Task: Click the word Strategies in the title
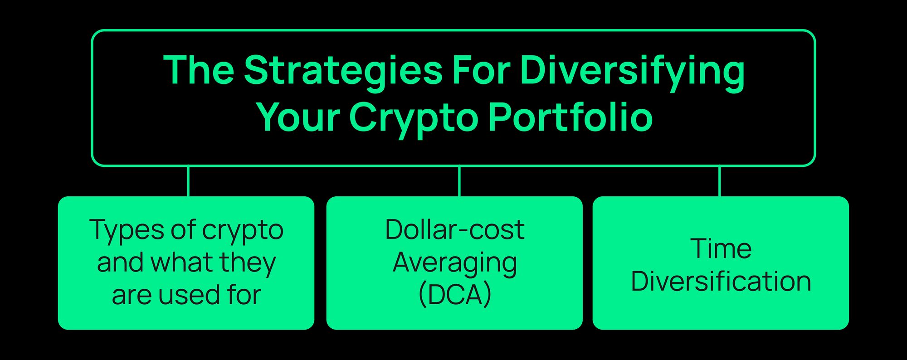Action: (343, 71)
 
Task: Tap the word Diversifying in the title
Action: (632, 71)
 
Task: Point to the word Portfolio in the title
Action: (571, 117)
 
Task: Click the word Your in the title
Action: (298, 117)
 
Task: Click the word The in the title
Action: (199, 71)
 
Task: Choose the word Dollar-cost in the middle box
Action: (454, 230)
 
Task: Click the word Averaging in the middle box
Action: (454, 263)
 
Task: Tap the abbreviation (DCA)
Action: (454, 295)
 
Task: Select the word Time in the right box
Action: (721, 249)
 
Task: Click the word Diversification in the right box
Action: (721, 282)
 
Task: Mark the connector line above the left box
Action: (188, 181)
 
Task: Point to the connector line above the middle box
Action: (459, 181)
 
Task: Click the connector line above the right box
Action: (720, 181)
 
